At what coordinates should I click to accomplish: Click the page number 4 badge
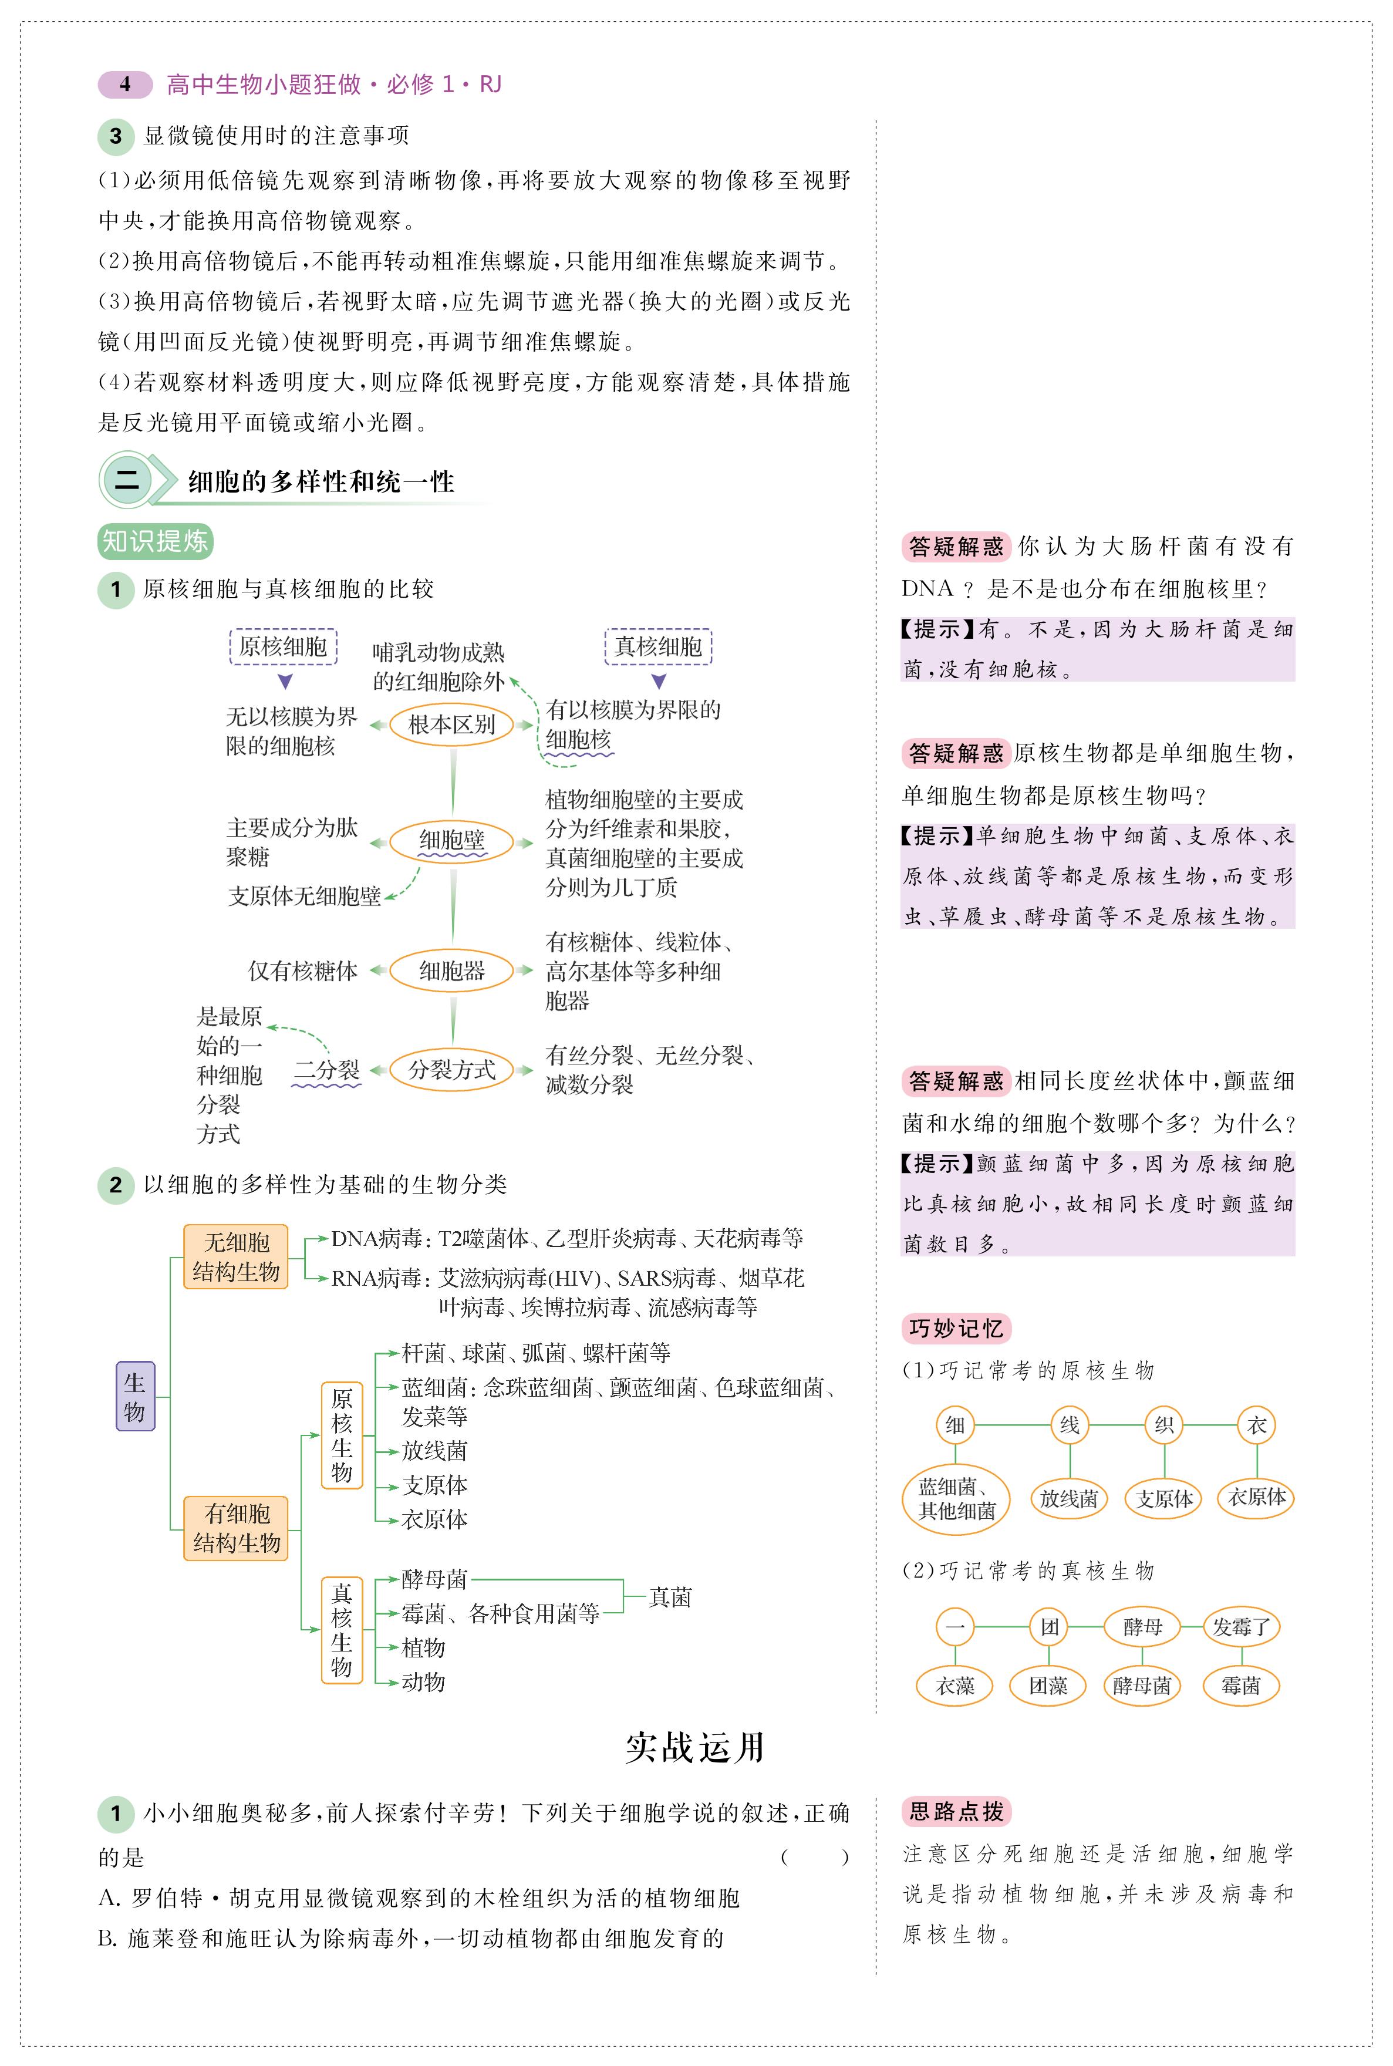coord(125,85)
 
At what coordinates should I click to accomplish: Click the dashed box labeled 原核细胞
coord(284,647)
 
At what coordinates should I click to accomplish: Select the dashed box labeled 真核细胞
coord(658,647)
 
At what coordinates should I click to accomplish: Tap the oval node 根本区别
coord(452,725)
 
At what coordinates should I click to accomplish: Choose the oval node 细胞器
coord(452,970)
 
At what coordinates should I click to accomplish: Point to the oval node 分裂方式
coord(452,1070)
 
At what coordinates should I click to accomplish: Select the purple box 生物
coord(135,1396)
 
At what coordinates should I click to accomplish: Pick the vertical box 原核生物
coord(342,1435)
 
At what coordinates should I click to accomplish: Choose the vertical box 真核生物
coord(342,1630)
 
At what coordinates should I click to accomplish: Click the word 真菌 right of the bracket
coord(670,1597)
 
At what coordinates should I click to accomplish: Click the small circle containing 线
coord(1070,1425)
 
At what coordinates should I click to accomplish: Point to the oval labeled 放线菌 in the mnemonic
coord(1070,1499)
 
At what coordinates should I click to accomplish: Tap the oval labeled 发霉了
coord(1241,1627)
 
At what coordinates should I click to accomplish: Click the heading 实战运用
coord(694,1747)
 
